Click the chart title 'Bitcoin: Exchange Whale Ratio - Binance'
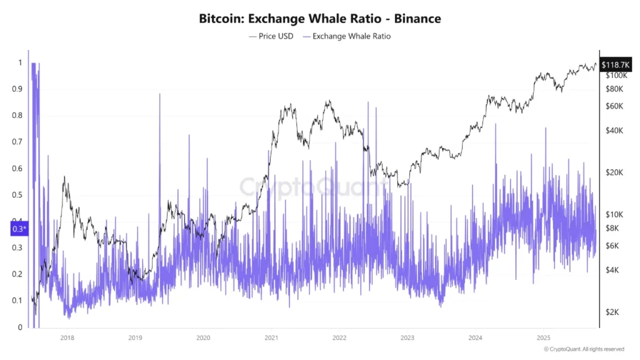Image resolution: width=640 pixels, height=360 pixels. tap(319, 19)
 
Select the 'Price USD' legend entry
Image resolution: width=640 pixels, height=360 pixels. tap(271, 36)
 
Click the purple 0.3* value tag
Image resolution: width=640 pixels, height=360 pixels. tap(20, 229)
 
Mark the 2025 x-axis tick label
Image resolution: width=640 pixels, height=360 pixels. tap(542, 337)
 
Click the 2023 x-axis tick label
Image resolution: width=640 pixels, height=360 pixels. tap(406, 337)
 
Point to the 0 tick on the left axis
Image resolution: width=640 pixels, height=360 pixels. tap(19, 327)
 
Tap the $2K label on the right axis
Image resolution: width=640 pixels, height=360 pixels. tap(612, 312)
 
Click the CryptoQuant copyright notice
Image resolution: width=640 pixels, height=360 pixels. tap(584, 349)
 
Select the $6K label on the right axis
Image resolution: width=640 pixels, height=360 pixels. tap(612, 246)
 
